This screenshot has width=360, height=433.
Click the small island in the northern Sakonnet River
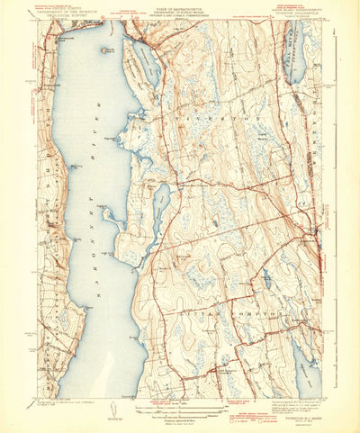point(106,52)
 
